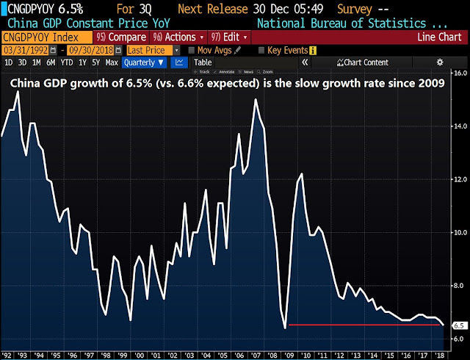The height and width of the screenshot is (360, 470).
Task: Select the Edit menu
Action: click(229, 37)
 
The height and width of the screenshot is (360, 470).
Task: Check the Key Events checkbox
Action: click(262, 50)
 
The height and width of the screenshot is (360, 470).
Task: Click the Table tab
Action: click(203, 62)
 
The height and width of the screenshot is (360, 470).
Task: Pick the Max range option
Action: click(112, 62)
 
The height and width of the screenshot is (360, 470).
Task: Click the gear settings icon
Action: click(440, 62)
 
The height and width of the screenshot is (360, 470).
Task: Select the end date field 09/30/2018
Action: click(88, 50)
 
